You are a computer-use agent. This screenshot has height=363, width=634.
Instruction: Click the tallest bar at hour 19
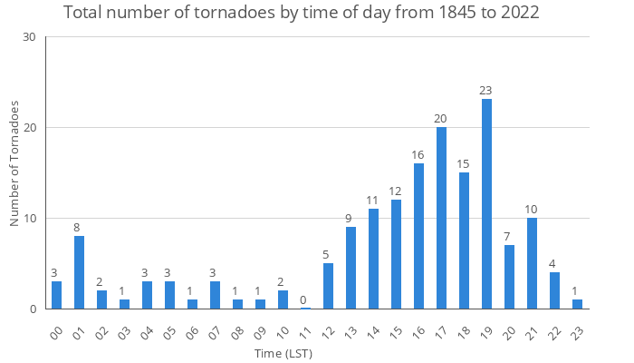[486, 204]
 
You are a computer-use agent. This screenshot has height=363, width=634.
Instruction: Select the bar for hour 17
[441, 218]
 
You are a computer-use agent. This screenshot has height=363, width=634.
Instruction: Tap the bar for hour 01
[79, 272]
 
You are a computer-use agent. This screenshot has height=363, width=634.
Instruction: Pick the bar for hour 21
[532, 263]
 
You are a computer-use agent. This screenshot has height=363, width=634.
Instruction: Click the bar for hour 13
[351, 268]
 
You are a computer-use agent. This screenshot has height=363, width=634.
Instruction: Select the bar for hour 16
[418, 236]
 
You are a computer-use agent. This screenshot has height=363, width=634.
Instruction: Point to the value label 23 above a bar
[486, 91]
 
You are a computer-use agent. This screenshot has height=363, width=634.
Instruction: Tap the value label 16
[418, 155]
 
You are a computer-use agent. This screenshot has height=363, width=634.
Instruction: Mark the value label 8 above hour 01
[79, 228]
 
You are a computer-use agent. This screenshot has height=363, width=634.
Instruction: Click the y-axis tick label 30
[28, 37]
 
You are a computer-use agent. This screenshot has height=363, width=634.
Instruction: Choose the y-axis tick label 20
[28, 128]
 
